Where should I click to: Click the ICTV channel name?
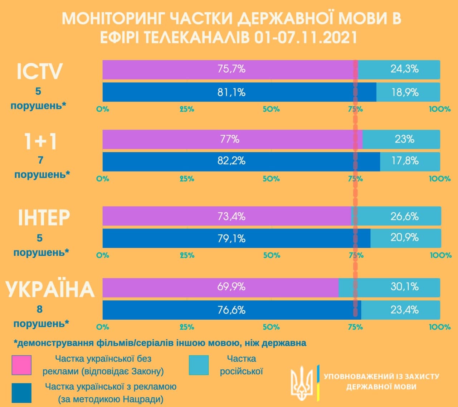(x=39, y=71)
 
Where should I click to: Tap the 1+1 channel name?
(x=40, y=141)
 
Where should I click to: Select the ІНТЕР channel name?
(x=44, y=217)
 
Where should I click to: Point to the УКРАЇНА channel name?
(x=50, y=290)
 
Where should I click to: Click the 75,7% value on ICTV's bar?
(x=232, y=69)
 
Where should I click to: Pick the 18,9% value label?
(x=405, y=92)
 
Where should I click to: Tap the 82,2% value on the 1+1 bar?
(x=232, y=161)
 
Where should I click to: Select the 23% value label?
(x=404, y=139)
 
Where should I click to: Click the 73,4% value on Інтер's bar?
(x=232, y=216)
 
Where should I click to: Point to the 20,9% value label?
(x=405, y=237)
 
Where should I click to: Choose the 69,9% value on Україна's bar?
(x=232, y=287)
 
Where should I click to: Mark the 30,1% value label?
(x=405, y=287)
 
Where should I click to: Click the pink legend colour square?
(x=21, y=365)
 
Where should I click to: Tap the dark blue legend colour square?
(x=21, y=393)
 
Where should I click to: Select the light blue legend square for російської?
(x=199, y=365)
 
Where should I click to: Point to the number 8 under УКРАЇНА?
(x=39, y=309)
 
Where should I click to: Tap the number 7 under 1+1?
(x=40, y=160)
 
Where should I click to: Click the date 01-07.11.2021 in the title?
(x=306, y=38)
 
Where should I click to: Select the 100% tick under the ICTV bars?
(x=440, y=109)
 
